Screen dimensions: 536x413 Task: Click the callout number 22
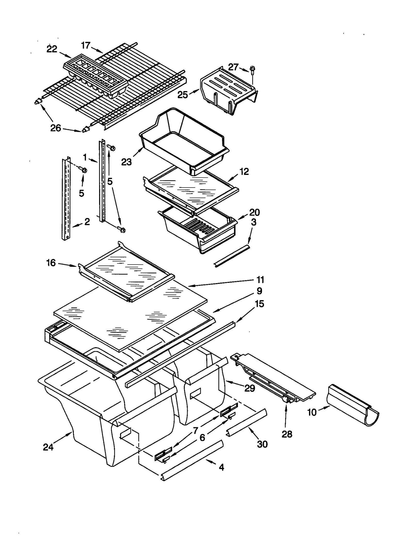52,49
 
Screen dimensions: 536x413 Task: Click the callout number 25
182,95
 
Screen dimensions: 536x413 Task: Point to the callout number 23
126,162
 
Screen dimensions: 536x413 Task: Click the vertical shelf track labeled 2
66,199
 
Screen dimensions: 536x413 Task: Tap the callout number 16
51,263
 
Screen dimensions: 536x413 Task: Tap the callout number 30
262,444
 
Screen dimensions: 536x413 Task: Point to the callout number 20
254,212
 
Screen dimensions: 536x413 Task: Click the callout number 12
244,171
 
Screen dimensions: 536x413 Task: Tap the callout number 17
85,45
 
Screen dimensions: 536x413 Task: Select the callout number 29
250,388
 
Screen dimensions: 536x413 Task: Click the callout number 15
259,304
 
